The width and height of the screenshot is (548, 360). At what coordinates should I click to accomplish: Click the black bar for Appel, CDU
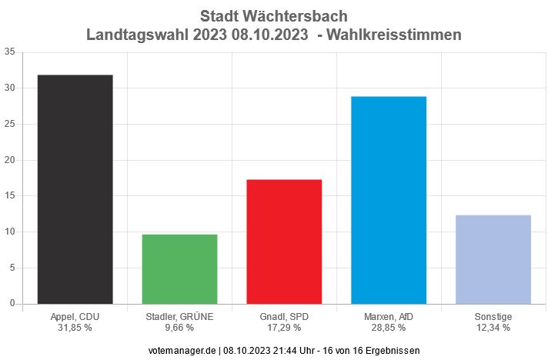click(75, 189)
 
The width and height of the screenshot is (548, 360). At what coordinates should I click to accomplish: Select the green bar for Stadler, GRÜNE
click(179, 269)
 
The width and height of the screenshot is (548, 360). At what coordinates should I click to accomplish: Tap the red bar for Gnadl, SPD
click(284, 242)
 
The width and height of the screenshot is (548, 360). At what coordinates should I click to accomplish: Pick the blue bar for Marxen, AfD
click(389, 200)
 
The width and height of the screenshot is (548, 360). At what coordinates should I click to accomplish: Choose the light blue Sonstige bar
click(493, 259)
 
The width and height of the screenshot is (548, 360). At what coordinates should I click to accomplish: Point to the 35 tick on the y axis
click(9, 52)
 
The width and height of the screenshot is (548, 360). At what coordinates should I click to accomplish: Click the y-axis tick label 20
click(9, 160)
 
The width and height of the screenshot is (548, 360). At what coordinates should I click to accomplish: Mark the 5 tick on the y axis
click(12, 268)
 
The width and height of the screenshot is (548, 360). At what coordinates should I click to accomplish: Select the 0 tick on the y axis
click(12, 303)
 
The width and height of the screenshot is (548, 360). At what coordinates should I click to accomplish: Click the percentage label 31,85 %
click(75, 328)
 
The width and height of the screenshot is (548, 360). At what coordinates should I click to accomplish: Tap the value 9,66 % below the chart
click(179, 328)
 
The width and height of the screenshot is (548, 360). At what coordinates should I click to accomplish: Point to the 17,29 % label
click(284, 328)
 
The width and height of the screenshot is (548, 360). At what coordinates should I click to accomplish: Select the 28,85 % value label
click(389, 328)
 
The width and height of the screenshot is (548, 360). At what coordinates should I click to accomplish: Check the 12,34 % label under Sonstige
click(493, 328)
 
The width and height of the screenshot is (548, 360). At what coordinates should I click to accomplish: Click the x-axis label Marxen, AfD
click(389, 317)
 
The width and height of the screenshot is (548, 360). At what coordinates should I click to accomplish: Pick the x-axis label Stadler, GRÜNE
click(179, 317)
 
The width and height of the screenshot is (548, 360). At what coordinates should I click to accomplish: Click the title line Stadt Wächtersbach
click(273, 16)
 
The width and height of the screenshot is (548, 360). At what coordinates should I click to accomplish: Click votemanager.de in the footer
click(183, 349)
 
